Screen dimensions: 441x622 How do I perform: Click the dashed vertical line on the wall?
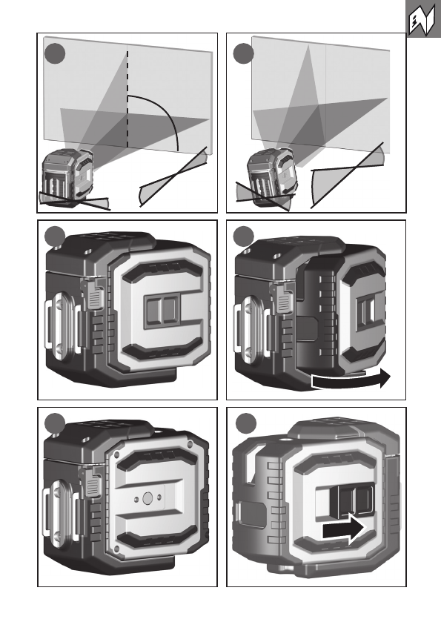pos(127,99)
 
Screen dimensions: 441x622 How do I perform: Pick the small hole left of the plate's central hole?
pos(136,499)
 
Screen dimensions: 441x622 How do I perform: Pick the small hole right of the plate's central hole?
pos(159,497)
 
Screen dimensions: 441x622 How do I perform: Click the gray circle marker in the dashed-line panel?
pos(54,54)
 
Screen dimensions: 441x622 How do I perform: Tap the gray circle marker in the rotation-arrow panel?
pos(243,236)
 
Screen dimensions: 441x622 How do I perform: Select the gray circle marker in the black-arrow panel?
pos(246,423)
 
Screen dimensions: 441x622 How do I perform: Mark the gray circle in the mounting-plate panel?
pos(55,423)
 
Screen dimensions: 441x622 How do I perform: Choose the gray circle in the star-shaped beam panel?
pos(243,54)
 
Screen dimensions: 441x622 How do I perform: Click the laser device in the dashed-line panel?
pos(67,176)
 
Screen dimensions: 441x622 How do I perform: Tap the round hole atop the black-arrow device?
pos(284,440)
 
